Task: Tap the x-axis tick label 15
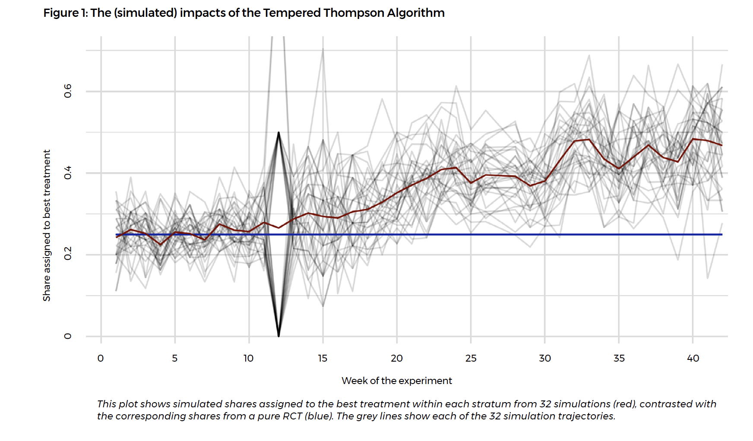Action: point(323,358)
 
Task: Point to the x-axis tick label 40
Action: point(693,358)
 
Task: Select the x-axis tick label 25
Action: point(471,358)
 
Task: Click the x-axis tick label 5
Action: point(175,358)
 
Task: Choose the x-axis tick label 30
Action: point(545,358)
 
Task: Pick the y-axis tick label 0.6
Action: point(68,91)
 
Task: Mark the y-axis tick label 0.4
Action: point(68,173)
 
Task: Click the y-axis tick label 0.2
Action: point(68,255)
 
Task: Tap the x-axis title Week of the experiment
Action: point(396,381)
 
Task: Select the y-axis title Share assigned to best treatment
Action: point(47,225)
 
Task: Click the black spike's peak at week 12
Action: point(278,132)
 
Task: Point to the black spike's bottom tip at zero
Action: point(279,336)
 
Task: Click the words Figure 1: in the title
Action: point(65,13)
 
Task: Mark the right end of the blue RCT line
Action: point(721,234)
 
